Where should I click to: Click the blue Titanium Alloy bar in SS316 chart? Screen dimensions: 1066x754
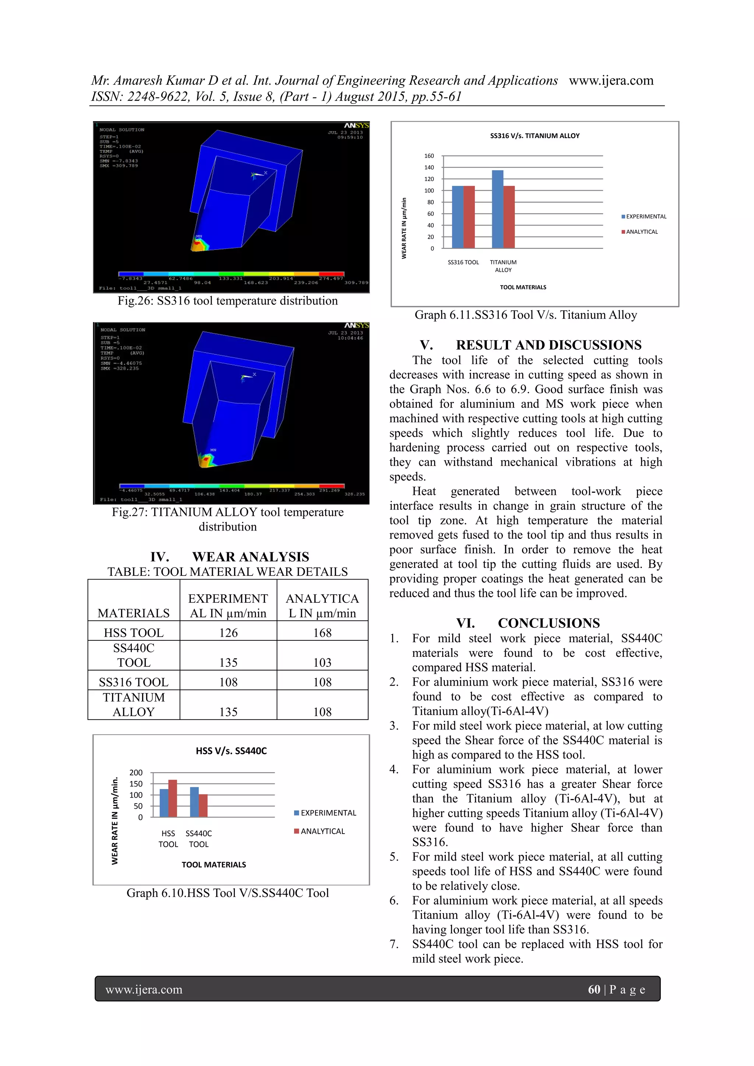coord(497,210)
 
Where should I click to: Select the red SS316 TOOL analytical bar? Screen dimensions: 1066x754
coord(469,217)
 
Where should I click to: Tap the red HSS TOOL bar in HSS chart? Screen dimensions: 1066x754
coord(173,799)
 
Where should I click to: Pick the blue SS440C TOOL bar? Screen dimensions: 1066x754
coord(194,802)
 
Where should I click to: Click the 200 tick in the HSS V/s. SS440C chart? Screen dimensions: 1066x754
coord(136,773)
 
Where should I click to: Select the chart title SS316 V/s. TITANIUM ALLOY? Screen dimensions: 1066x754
coord(535,136)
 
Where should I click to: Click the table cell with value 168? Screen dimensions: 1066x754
coord(322,633)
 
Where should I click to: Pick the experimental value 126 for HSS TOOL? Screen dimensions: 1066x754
coord(228,633)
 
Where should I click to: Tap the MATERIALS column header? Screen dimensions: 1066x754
coord(134,613)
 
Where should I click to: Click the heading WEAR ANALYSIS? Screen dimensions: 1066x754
coord(250,557)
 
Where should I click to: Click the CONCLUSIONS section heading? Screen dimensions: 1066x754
coord(549,623)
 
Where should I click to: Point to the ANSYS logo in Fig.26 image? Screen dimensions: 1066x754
coord(356,125)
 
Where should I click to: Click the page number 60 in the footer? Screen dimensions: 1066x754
coord(594,989)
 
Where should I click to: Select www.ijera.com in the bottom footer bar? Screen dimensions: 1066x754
coord(144,989)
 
